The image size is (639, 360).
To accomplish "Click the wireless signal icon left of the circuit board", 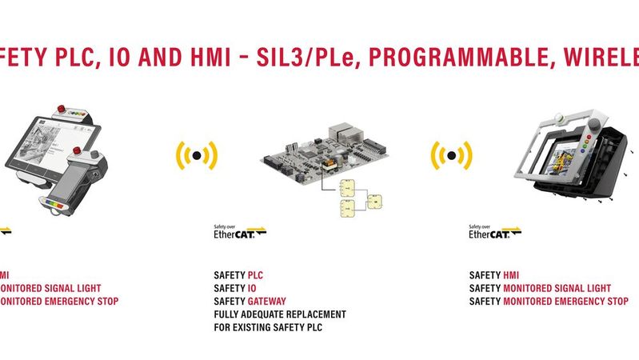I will point(196,155).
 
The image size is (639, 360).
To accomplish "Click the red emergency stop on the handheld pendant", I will point(77,150).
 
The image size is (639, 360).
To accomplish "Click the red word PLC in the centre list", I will point(254,276).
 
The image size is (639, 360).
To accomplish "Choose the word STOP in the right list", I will point(615,302).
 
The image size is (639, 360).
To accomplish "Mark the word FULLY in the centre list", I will point(228,314).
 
